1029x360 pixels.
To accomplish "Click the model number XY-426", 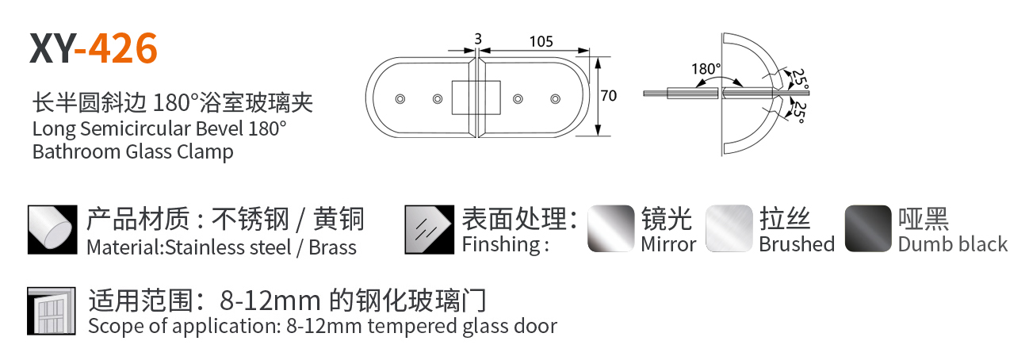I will pos(94,49).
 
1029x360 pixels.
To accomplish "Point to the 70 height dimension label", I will pos(609,96).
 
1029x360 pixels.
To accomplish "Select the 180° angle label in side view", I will pos(706,69).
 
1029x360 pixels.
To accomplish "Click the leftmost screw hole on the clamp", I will pos(400,98).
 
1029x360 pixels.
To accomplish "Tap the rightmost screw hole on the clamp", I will pos(554,98).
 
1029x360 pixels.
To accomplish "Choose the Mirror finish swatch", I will pos(611,229).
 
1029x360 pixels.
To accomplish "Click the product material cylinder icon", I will pos(52,230).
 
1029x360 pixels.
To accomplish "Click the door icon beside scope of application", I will pos(52,310).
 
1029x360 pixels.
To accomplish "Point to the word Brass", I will pos(332,247).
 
